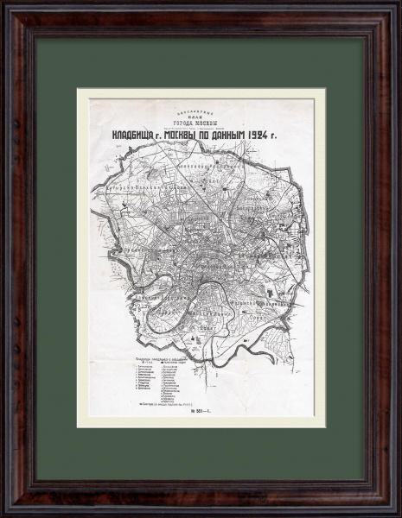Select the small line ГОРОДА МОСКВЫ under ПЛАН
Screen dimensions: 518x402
(x=201, y=118)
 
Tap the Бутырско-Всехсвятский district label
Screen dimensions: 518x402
(x=144, y=186)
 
